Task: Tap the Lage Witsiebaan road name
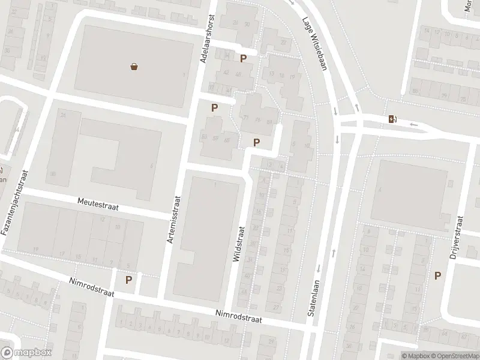pos(314,43)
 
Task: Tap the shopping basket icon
pos(134,67)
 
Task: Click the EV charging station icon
pos(392,119)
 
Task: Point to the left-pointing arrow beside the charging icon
pos(413,124)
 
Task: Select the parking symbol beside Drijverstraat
pos(438,275)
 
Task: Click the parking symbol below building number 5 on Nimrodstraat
pos(128,280)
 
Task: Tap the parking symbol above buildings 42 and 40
pos(244,58)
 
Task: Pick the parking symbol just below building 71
pos(257,142)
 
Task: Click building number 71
pos(246,118)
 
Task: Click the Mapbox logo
pos(26,353)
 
